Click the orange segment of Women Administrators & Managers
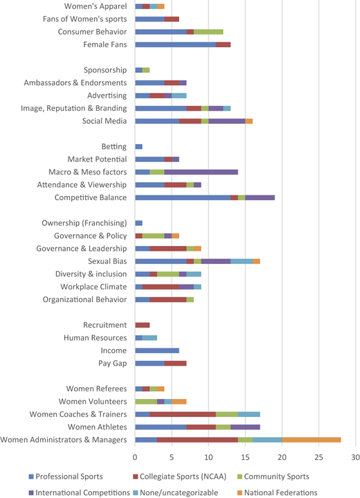(x=312, y=440)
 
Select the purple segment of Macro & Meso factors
(x=201, y=172)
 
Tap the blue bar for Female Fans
(x=176, y=44)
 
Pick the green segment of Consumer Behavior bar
(x=208, y=32)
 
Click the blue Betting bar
(x=138, y=146)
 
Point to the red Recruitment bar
(x=143, y=326)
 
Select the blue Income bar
(x=157, y=350)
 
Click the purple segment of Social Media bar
(x=227, y=121)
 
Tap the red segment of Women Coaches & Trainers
(x=183, y=414)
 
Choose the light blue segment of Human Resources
(x=150, y=338)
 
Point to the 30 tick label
(x=356, y=457)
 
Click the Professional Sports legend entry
(x=66, y=477)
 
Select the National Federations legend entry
(x=277, y=492)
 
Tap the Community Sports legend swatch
(x=240, y=477)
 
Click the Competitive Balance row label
(x=91, y=197)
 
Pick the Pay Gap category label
(x=112, y=364)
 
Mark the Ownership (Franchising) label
(x=84, y=223)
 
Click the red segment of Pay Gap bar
(x=176, y=364)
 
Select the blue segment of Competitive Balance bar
(x=183, y=197)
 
